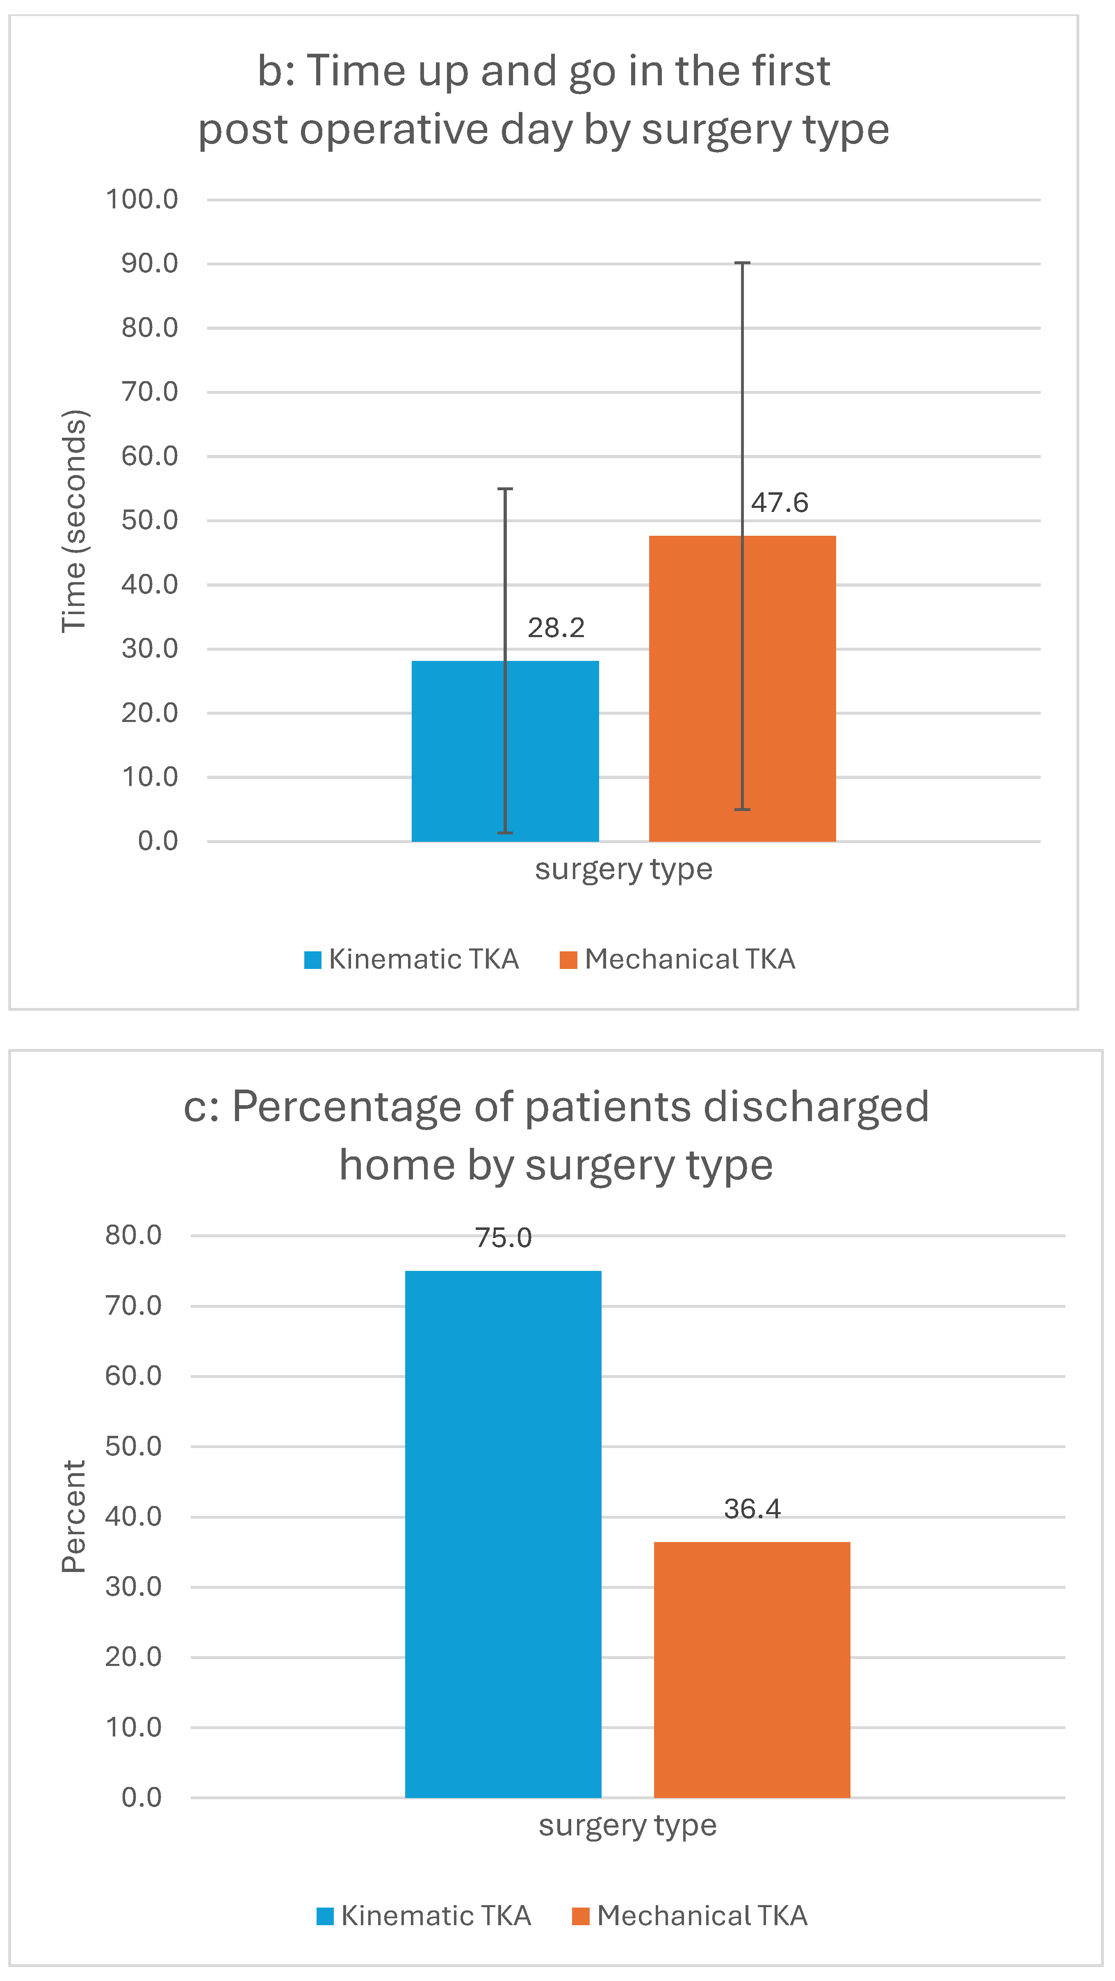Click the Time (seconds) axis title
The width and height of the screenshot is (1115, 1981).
click(x=75, y=521)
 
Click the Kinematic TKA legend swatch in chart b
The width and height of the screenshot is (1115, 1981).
click(x=312, y=960)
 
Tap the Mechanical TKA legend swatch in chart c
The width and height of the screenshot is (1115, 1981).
click(x=581, y=1916)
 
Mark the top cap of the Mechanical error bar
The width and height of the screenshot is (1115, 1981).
click(x=742, y=264)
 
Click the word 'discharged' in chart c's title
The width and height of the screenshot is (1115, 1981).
click(x=815, y=1107)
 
